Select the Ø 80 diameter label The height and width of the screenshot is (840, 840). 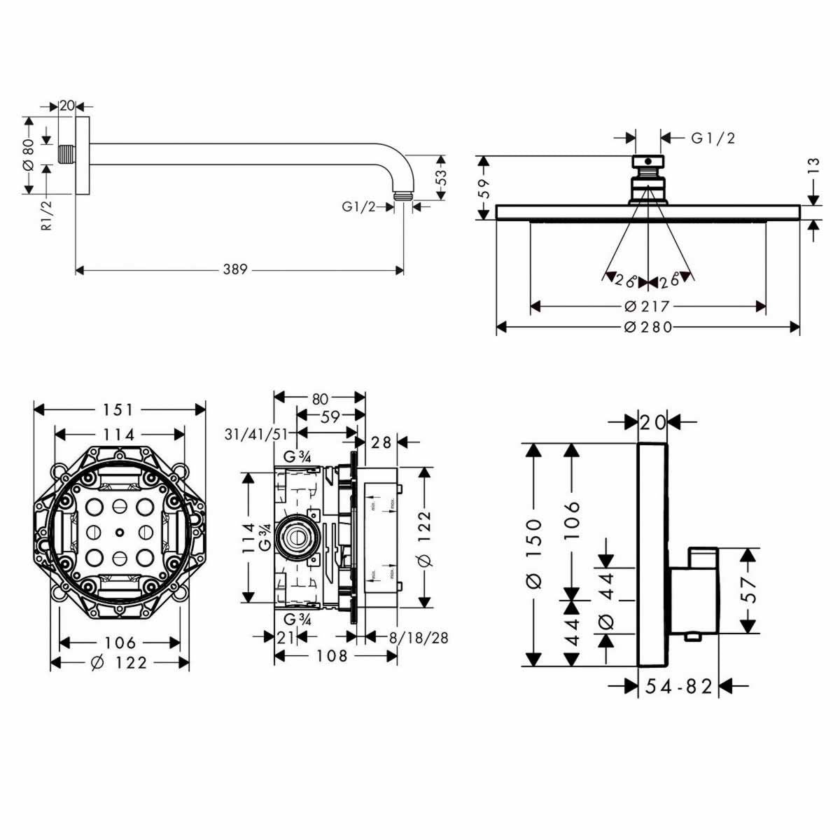[x=29, y=155]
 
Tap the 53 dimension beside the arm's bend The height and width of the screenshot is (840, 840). [x=441, y=177]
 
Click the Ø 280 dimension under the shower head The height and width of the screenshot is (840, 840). [x=647, y=327]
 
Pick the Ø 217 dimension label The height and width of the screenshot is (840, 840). [x=647, y=306]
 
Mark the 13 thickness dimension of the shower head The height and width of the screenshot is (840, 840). [x=813, y=166]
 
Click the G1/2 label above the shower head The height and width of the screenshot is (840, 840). [x=713, y=139]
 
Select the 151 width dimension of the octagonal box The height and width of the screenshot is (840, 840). [x=120, y=409]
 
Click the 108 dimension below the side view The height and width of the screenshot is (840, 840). [x=332, y=656]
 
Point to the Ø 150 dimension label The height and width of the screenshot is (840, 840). [x=534, y=553]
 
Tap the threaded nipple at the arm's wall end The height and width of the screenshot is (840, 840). [x=66, y=155]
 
